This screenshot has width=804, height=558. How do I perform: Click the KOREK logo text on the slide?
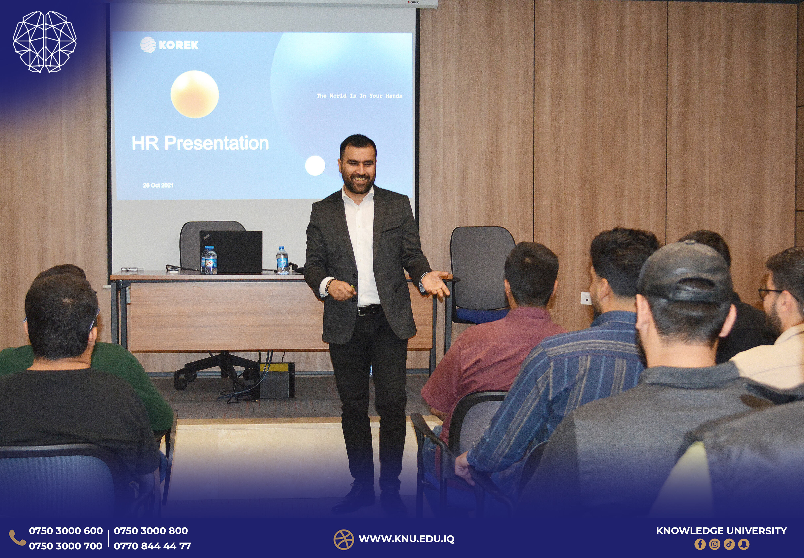179,45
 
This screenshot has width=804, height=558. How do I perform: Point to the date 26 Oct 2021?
158,185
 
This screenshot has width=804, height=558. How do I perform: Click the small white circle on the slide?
315,166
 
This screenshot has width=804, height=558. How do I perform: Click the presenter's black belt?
369,310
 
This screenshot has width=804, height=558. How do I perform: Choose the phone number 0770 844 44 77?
152,546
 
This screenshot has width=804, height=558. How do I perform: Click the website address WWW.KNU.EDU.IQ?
407,539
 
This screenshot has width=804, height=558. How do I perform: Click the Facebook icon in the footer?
700,544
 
